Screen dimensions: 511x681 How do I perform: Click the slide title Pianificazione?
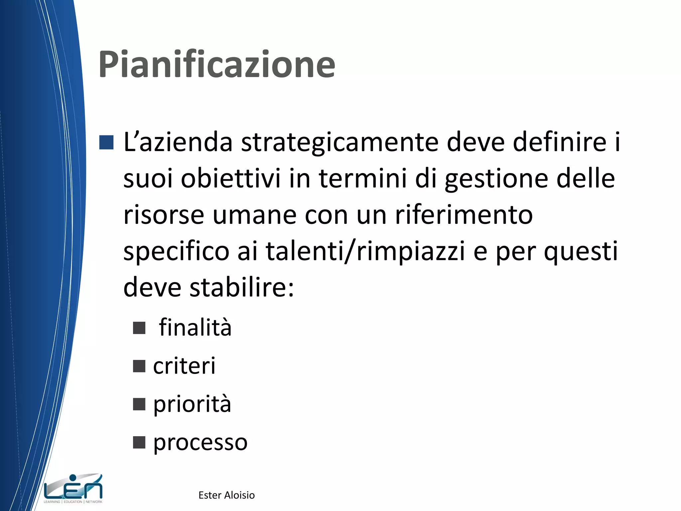(217, 64)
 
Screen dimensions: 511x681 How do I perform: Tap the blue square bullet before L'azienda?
(106, 142)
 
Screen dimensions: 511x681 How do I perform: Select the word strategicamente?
(340, 142)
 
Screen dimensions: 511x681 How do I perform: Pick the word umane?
(254, 215)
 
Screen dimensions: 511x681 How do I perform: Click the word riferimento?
(464, 215)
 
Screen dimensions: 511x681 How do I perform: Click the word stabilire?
(242, 287)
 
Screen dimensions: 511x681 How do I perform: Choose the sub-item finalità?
(195, 327)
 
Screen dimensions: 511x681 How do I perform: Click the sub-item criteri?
(184, 366)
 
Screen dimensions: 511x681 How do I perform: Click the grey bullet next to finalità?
(139, 328)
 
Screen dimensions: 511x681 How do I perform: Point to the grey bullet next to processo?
(139, 443)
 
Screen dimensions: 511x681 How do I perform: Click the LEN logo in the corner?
(73, 488)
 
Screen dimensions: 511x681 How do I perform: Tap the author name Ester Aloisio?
(226, 495)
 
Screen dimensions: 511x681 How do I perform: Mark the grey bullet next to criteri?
(139, 366)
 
